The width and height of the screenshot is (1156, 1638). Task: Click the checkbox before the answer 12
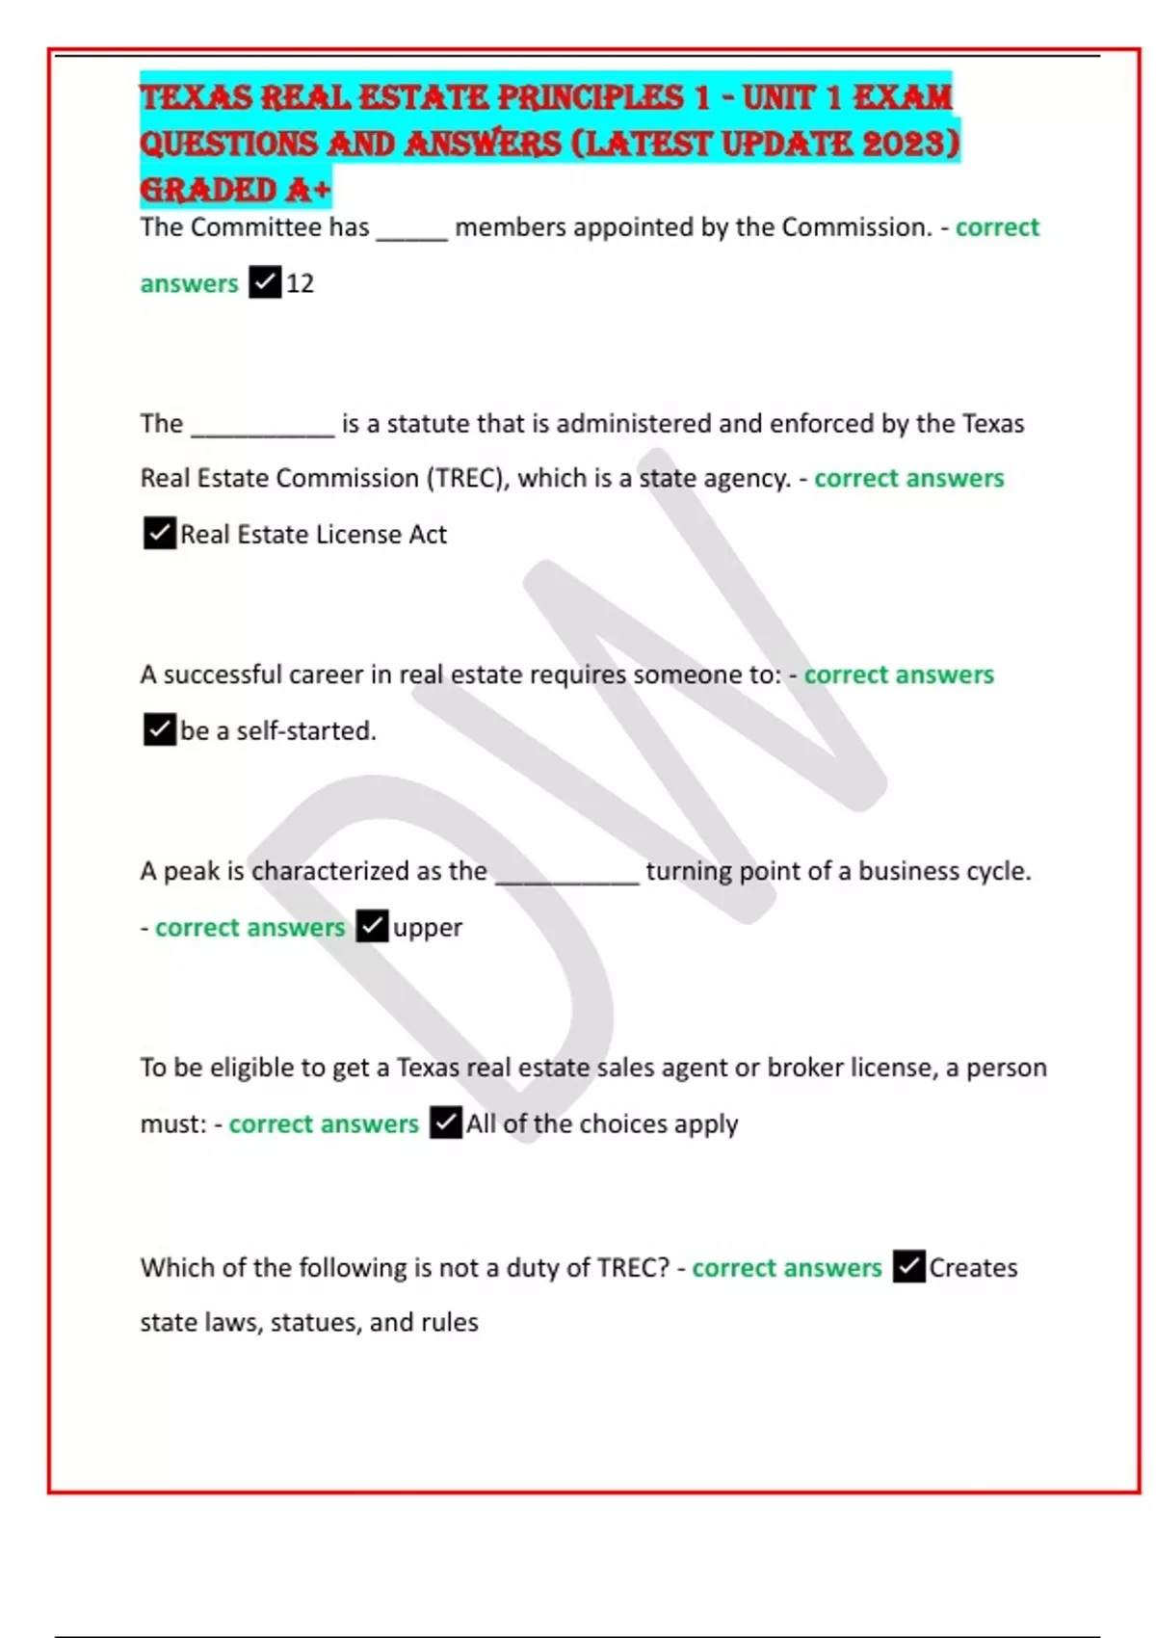[265, 282]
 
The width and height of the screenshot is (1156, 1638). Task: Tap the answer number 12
[301, 283]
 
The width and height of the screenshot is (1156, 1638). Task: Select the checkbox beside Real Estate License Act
[160, 533]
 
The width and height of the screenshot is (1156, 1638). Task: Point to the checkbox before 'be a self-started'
[160, 729]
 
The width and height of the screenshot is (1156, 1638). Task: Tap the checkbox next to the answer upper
[372, 926]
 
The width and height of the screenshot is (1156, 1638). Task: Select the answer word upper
[428, 927]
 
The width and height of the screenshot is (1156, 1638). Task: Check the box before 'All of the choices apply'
[445, 1123]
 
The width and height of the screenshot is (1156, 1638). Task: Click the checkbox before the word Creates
[908, 1266]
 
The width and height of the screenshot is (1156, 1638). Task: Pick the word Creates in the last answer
[973, 1267]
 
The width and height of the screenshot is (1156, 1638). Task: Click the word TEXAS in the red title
[196, 97]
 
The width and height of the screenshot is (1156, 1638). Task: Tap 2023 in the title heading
[904, 144]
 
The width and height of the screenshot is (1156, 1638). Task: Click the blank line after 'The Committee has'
[412, 231]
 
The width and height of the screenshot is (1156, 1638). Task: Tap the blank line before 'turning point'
[566, 875]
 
